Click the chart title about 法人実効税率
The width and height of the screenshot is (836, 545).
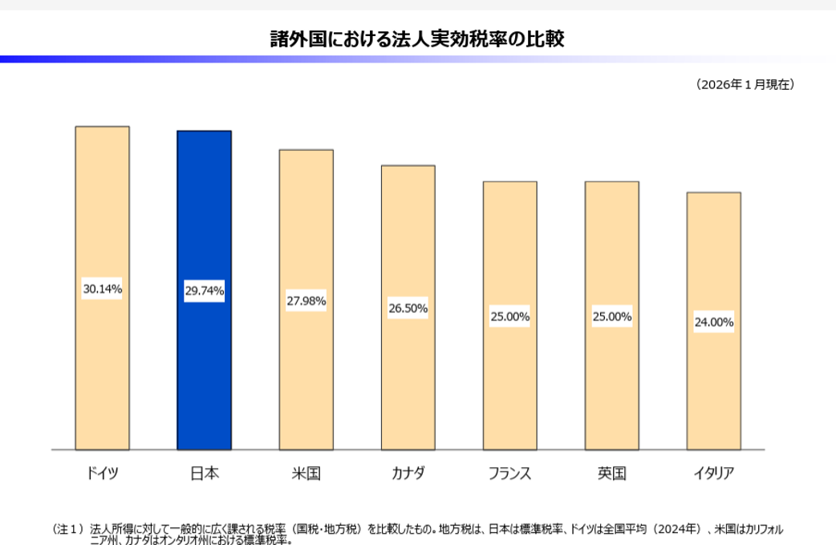[417, 39]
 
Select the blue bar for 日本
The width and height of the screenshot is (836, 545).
[205, 290]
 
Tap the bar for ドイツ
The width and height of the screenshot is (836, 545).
[103, 288]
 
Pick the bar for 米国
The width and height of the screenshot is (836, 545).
[306, 299]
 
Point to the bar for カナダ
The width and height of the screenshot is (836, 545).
[408, 307]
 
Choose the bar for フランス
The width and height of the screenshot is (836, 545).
[510, 315]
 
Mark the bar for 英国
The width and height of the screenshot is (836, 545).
[612, 315]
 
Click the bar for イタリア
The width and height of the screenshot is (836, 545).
[714, 321]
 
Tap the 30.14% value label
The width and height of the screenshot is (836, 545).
[103, 288]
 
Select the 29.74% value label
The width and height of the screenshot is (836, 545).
[205, 291]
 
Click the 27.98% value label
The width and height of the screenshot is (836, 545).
[306, 301]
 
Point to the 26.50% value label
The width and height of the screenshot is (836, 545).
[408, 308]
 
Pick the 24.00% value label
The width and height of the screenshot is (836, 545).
[714, 322]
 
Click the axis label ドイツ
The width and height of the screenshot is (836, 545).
[103, 473]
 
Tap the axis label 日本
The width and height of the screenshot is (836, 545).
[205, 473]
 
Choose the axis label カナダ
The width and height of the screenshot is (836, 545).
[408, 473]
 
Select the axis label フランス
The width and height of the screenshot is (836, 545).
[510, 473]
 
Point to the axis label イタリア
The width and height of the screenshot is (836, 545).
[714, 473]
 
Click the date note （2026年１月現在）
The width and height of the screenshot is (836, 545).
[745, 84]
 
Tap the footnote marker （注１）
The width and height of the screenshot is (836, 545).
[68, 529]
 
